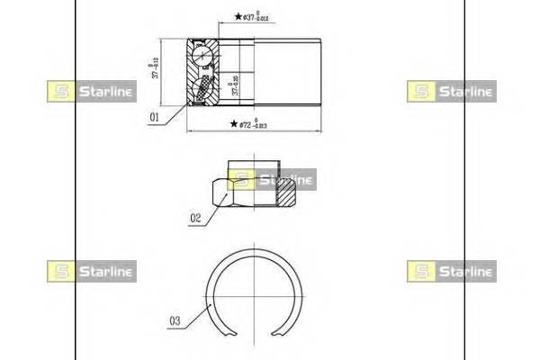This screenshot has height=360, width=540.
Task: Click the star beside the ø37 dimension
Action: click(x=238, y=17)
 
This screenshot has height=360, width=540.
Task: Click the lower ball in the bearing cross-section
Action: click(x=205, y=88)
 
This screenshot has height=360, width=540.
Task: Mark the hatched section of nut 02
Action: click(x=287, y=192)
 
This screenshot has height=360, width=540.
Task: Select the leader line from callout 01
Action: click(x=176, y=108)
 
